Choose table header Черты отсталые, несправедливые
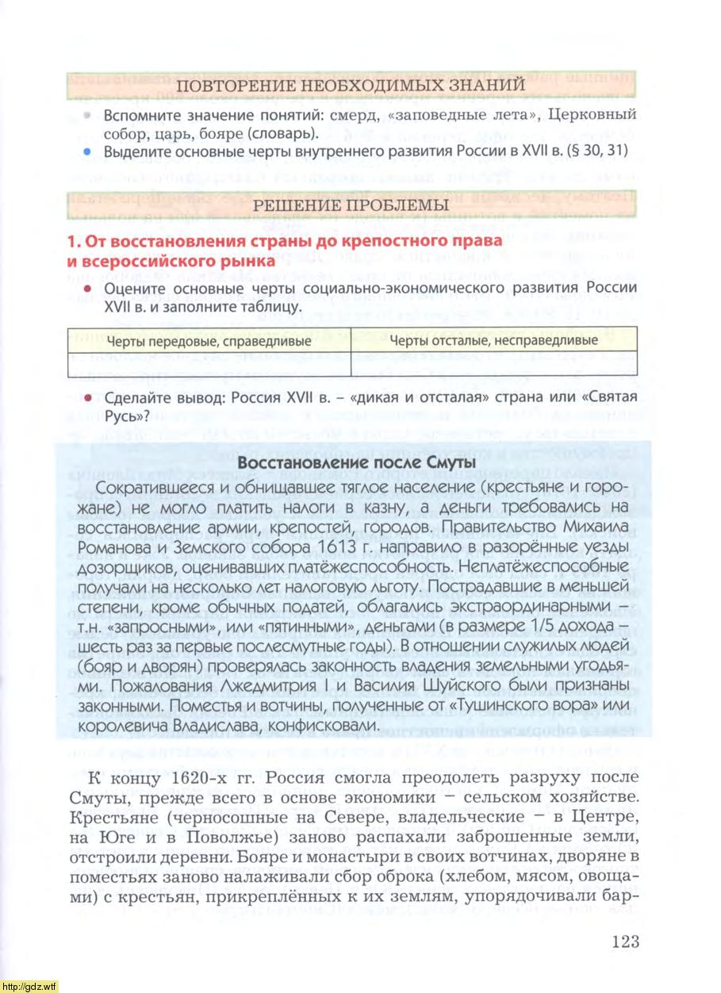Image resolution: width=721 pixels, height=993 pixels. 495,340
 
